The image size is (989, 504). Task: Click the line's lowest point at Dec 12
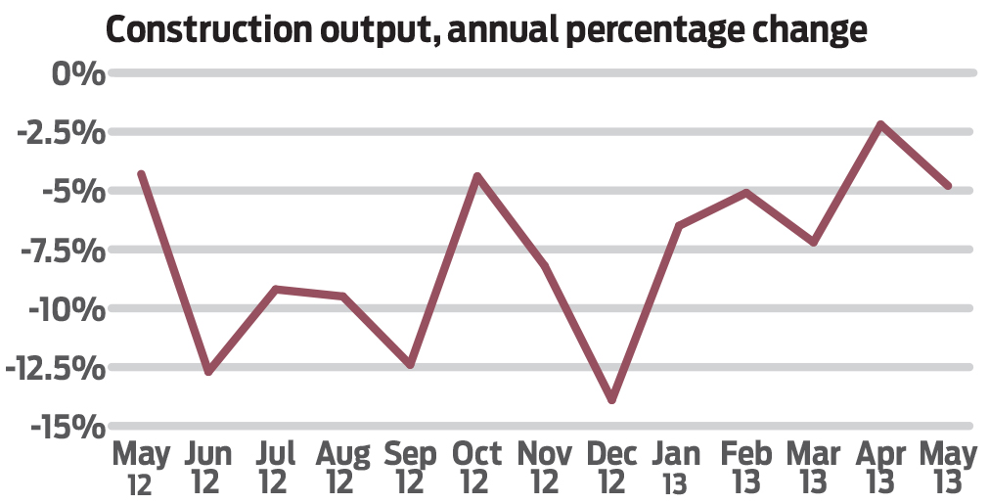(612, 399)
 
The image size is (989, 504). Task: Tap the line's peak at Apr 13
(880, 124)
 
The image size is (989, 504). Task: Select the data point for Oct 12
(477, 176)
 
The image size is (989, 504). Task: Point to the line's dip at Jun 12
(208, 372)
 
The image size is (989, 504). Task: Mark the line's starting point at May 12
(142, 174)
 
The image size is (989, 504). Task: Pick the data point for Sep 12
(410, 365)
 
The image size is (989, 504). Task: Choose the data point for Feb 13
(746, 193)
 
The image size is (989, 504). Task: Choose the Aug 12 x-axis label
(342, 467)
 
